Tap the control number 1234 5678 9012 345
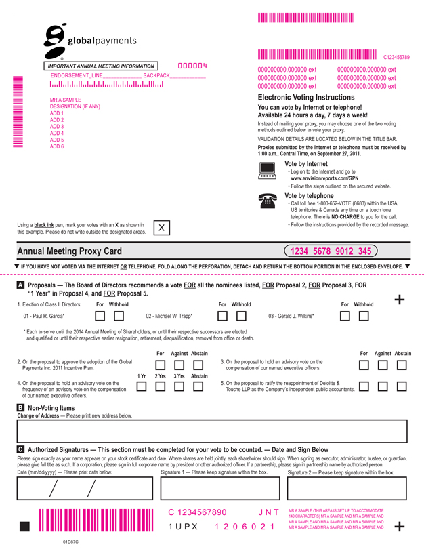click(x=331, y=251)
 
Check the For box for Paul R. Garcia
click(x=100, y=316)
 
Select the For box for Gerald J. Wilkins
click(x=345, y=316)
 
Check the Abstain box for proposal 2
click(x=199, y=366)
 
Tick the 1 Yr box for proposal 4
click(x=142, y=386)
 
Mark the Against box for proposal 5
click(x=383, y=386)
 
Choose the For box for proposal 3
click(x=364, y=366)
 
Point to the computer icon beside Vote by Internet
click(x=268, y=170)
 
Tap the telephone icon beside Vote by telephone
click(x=268, y=200)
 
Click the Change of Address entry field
click(x=212, y=430)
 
